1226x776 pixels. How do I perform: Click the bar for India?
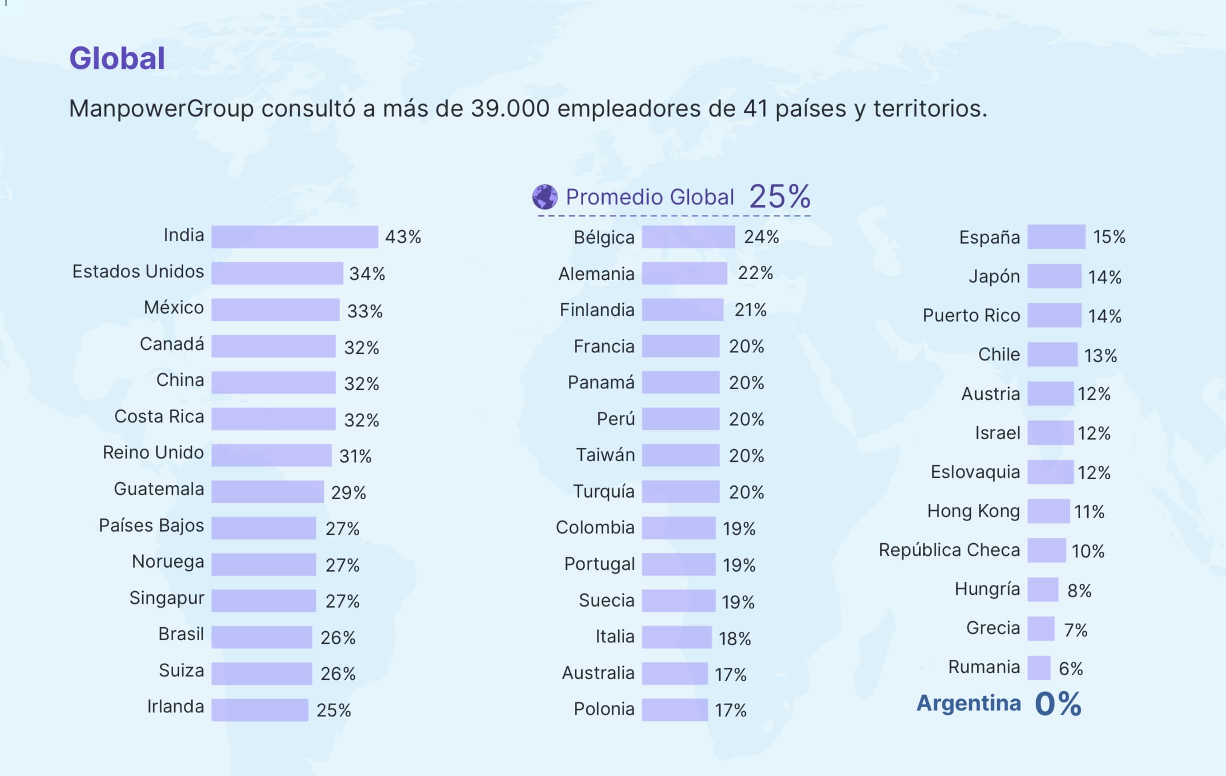(295, 237)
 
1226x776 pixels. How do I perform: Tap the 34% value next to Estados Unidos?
(367, 274)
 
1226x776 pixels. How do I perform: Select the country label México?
(174, 307)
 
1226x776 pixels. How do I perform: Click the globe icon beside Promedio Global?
(545, 197)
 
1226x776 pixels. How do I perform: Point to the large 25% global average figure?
(779, 196)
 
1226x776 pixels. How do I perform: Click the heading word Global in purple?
(117, 58)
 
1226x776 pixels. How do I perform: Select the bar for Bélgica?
(688, 237)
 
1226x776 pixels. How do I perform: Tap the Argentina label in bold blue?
(968, 703)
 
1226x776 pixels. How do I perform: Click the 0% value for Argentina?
(1058, 704)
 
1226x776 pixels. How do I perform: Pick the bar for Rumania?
(1038, 668)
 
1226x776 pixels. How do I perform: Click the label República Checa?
(949, 550)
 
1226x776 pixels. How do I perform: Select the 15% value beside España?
(1109, 237)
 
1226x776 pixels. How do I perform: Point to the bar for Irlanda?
(259, 710)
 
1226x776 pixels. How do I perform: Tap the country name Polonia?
(604, 709)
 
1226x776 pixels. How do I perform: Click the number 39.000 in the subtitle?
(510, 108)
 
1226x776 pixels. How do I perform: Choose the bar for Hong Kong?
(1048, 511)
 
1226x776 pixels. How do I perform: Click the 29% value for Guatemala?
(349, 493)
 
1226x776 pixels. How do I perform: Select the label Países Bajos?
(151, 525)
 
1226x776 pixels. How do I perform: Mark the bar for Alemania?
(684, 274)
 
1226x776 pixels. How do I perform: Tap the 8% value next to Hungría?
(1079, 591)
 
